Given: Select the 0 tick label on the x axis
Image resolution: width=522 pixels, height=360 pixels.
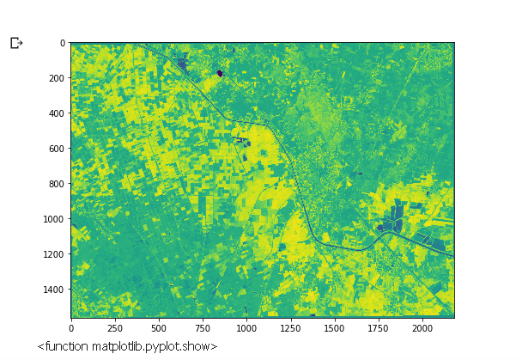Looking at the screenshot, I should [71, 328].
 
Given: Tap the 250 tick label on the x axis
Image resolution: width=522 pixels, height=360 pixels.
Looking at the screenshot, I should [115, 328].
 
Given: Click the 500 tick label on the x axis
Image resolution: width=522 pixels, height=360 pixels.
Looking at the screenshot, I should [159, 328].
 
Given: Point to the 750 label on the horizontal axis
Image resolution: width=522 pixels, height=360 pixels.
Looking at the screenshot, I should [203, 328].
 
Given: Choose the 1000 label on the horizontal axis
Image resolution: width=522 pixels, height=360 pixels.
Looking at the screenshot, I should [246, 328].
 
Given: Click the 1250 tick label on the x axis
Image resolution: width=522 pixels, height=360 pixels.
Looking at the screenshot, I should [290, 328].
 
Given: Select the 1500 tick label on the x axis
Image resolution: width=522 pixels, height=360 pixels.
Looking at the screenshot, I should [334, 328].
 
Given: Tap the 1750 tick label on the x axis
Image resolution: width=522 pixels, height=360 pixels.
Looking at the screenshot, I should [378, 328].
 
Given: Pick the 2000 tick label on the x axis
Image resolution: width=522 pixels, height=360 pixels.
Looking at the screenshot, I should [422, 328].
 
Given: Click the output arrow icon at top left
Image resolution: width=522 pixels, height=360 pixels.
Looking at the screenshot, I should [16, 43].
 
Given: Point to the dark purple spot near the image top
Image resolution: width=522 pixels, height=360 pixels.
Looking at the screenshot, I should [220, 73].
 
